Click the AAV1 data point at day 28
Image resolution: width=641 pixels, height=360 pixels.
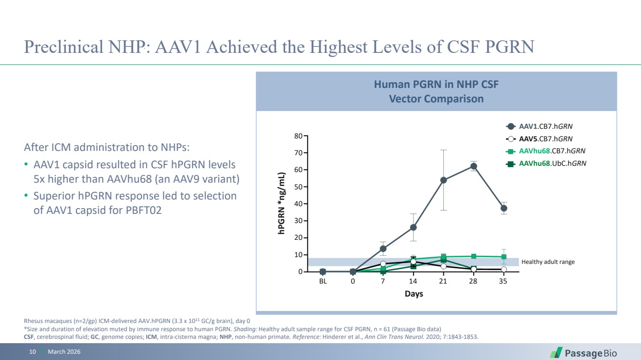click(x=473, y=166)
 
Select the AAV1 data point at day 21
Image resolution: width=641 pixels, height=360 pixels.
click(x=443, y=180)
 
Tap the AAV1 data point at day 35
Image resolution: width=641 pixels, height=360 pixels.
click(x=503, y=208)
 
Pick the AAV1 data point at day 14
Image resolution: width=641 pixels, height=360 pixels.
click(x=413, y=227)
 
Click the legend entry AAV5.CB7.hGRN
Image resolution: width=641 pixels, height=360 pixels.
click(x=545, y=139)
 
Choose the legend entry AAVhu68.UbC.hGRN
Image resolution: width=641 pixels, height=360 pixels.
click(x=552, y=163)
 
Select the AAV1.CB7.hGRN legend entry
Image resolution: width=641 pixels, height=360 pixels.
click(x=545, y=126)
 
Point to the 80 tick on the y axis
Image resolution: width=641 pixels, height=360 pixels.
click(x=298, y=136)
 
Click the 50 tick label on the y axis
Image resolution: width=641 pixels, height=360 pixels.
click(x=298, y=187)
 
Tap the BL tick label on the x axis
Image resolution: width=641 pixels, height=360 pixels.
click(x=323, y=282)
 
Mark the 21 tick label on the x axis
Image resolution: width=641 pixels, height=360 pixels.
click(x=443, y=282)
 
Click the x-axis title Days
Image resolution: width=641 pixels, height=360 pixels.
click(x=414, y=294)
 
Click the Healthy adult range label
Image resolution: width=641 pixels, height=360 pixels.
click(x=548, y=262)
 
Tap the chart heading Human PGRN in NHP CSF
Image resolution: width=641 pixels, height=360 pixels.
click(x=436, y=85)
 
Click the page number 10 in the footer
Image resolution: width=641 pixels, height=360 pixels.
click(x=33, y=352)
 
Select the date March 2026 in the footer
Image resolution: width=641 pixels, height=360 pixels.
click(x=64, y=352)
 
